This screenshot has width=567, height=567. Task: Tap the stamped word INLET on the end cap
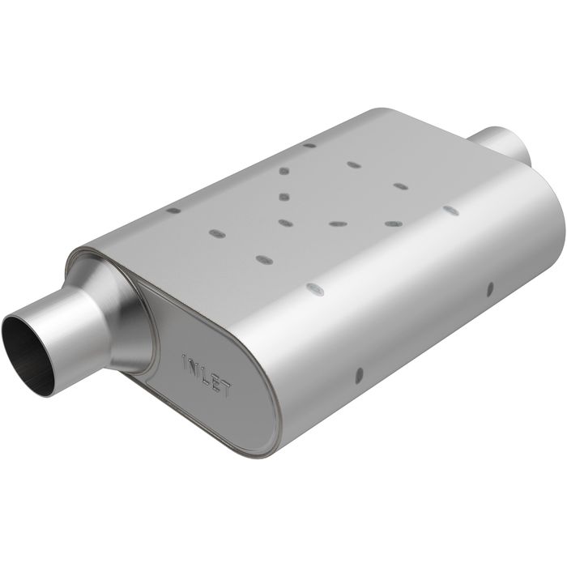(207, 374)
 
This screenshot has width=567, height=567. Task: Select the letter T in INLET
(226, 390)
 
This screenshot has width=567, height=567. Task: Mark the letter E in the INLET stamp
(216, 382)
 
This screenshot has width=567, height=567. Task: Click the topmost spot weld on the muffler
(309, 146)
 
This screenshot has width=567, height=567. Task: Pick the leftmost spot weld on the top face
(173, 211)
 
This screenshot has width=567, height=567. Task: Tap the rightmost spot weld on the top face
(451, 211)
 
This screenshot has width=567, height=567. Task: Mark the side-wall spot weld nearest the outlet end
(489, 287)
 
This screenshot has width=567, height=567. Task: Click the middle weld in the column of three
(283, 196)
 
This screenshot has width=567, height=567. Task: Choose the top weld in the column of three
(284, 171)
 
